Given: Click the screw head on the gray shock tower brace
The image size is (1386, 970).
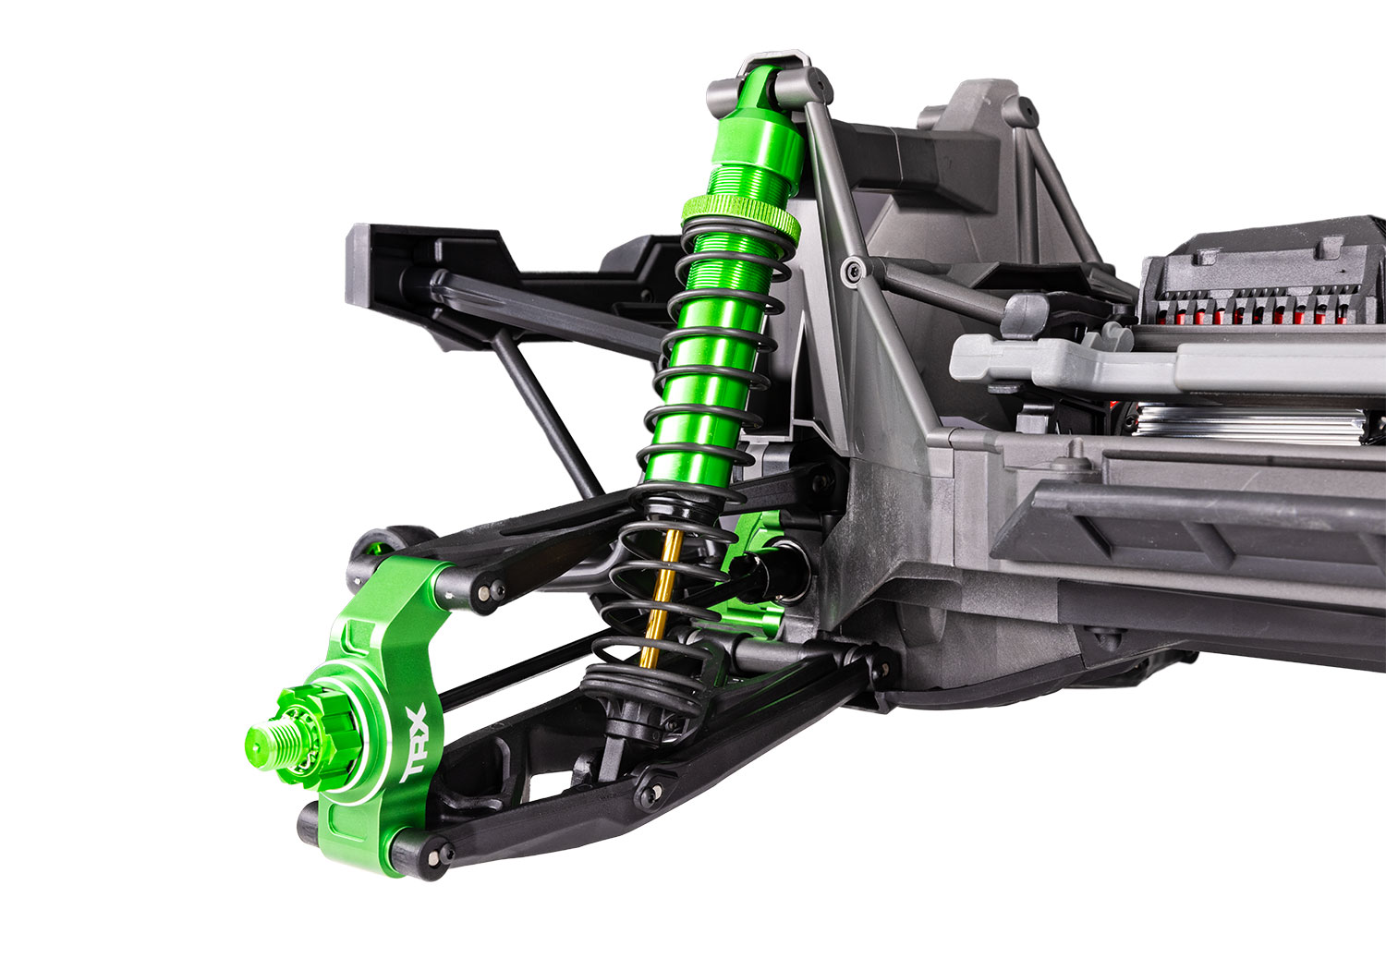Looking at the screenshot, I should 852,270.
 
